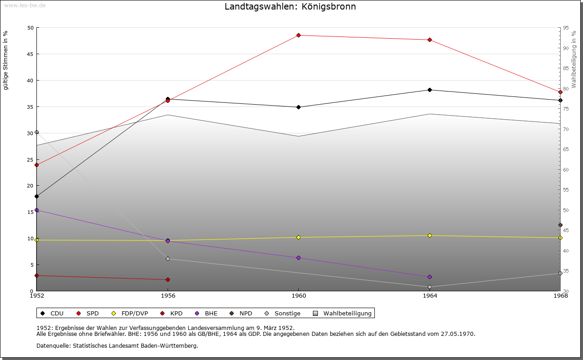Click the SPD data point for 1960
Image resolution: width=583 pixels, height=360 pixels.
pyautogui.click(x=298, y=35)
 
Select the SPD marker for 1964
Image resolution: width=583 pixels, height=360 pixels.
pyautogui.click(x=430, y=40)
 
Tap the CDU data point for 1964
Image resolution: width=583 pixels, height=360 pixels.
pyautogui.click(x=430, y=90)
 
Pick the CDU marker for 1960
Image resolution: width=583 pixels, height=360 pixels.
pyautogui.click(x=298, y=107)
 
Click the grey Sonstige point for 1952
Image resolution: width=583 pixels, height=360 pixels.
pyautogui.click(x=37, y=132)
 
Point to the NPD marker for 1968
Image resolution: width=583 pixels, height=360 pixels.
pyautogui.click(x=560, y=225)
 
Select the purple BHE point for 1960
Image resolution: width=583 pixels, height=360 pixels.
pyautogui.click(x=298, y=258)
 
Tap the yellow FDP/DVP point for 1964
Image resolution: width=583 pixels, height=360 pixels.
pyautogui.click(x=430, y=236)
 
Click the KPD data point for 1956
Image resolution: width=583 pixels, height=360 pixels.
pyautogui.click(x=168, y=280)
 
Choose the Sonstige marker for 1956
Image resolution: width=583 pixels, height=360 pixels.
pyautogui.click(x=168, y=259)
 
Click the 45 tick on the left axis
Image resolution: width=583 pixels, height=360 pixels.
pyautogui.click(x=30, y=54)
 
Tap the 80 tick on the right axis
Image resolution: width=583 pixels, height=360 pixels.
pyautogui.click(x=566, y=89)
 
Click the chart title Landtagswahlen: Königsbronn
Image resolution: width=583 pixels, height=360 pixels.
pyautogui.click(x=291, y=7)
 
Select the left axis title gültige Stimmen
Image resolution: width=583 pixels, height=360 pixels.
pyautogui.click(x=6, y=61)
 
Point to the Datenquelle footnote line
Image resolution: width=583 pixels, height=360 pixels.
pyautogui.click(x=117, y=346)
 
